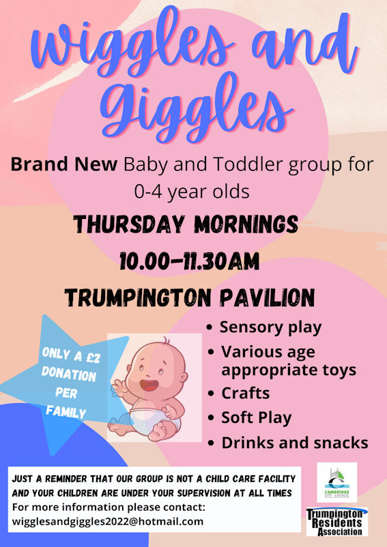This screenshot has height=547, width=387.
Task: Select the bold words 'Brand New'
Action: coord(64,164)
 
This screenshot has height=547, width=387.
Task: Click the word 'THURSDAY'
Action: coord(129,224)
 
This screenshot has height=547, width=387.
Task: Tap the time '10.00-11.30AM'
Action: coord(190,261)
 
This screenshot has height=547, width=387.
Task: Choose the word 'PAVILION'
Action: coord(268,297)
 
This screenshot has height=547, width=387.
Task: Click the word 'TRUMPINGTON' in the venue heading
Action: coord(138,297)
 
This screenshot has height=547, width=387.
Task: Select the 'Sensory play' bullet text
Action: coord(270,327)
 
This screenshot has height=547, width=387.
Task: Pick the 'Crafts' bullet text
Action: coord(246,393)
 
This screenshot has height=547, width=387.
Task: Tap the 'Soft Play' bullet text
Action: coord(257,418)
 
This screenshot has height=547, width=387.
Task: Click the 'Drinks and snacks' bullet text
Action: coord(295,443)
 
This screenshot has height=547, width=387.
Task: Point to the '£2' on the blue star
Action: coord(93,358)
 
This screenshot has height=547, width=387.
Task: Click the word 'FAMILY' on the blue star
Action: coord(66,412)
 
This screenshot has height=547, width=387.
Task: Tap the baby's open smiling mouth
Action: coord(149,385)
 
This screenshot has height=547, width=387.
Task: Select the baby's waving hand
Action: coord(119,387)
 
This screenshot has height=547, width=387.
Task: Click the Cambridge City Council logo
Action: coord(336,482)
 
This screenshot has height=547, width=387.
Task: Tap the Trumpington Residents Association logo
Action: coord(336,522)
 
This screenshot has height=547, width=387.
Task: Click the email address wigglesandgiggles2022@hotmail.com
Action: coord(108,522)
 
